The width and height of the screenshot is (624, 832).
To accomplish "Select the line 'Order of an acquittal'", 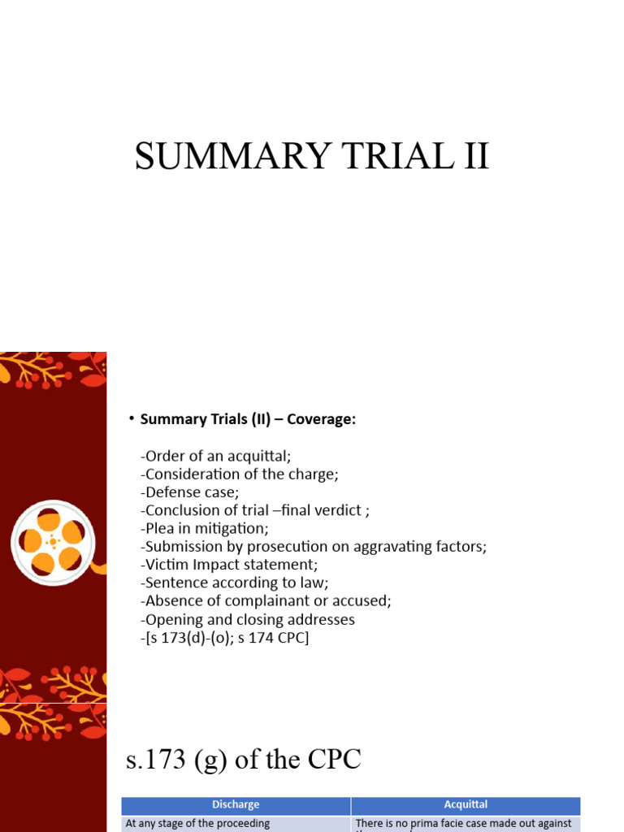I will click(x=215, y=456).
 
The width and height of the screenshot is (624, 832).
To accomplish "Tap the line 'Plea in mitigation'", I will click(x=205, y=528).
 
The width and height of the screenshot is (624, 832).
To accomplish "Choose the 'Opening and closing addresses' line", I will click(x=248, y=619).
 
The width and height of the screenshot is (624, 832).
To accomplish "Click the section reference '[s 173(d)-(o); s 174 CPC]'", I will click(x=225, y=638).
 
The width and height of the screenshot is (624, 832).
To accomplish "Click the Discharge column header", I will click(x=236, y=804).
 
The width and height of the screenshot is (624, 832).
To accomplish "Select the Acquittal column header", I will click(x=466, y=804).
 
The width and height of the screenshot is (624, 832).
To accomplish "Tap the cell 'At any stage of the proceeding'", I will click(x=197, y=823).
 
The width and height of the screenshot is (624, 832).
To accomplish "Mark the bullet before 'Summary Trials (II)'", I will click(x=130, y=418).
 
